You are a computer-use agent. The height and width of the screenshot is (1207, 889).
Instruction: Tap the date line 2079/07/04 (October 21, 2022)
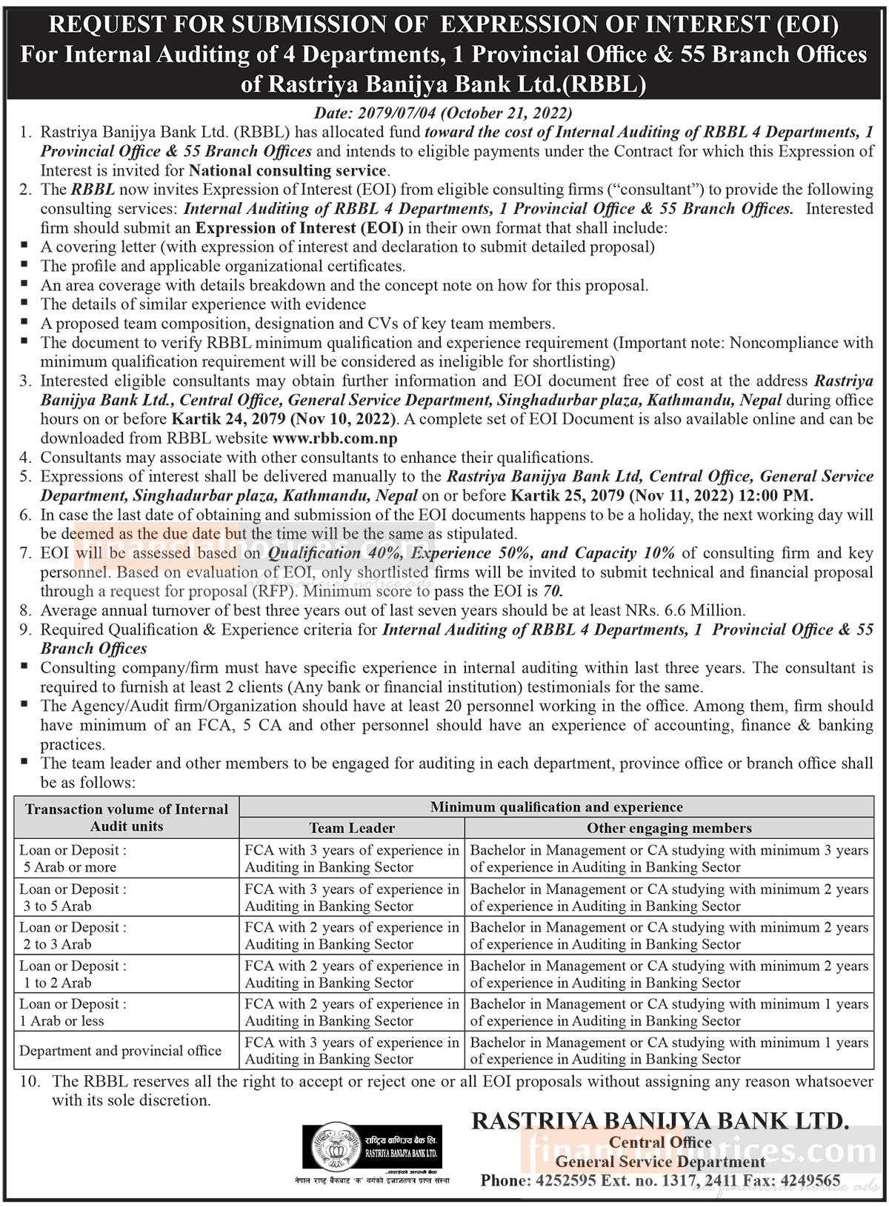[x=444, y=113]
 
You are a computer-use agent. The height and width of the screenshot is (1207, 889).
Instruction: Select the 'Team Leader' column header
[x=352, y=828]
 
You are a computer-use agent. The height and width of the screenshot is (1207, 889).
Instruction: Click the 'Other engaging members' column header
[x=669, y=828]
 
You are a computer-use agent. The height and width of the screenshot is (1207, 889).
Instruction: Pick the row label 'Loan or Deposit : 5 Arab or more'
[x=73, y=858]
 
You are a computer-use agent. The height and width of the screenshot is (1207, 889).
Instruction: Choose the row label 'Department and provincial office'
[x=120, y=1050]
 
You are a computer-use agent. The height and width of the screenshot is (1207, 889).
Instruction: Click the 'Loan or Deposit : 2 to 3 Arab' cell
[x=73, y=935]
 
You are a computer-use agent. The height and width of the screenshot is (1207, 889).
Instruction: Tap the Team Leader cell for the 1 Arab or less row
[x=352, y=1012]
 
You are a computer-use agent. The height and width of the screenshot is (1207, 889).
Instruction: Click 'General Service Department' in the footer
[x=660, y=1161]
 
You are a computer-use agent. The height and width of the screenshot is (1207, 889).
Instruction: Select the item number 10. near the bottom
[x=30, y=1081]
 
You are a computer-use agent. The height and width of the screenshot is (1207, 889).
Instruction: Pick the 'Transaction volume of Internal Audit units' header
[x=127, y=818]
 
